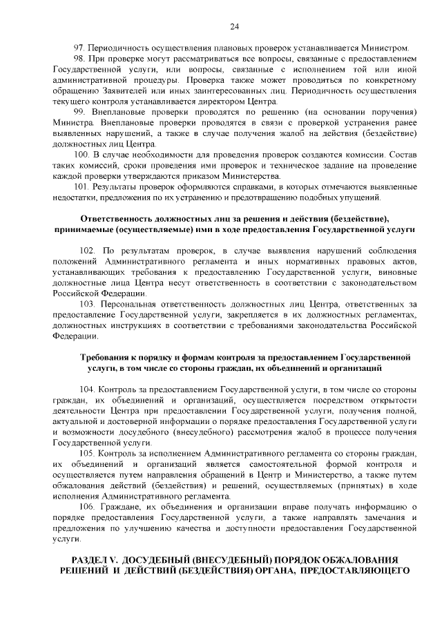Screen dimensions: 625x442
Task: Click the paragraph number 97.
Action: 78,48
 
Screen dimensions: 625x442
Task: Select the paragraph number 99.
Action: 78,111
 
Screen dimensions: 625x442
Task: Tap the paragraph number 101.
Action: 80,186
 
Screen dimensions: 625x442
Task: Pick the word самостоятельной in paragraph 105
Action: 240,464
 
